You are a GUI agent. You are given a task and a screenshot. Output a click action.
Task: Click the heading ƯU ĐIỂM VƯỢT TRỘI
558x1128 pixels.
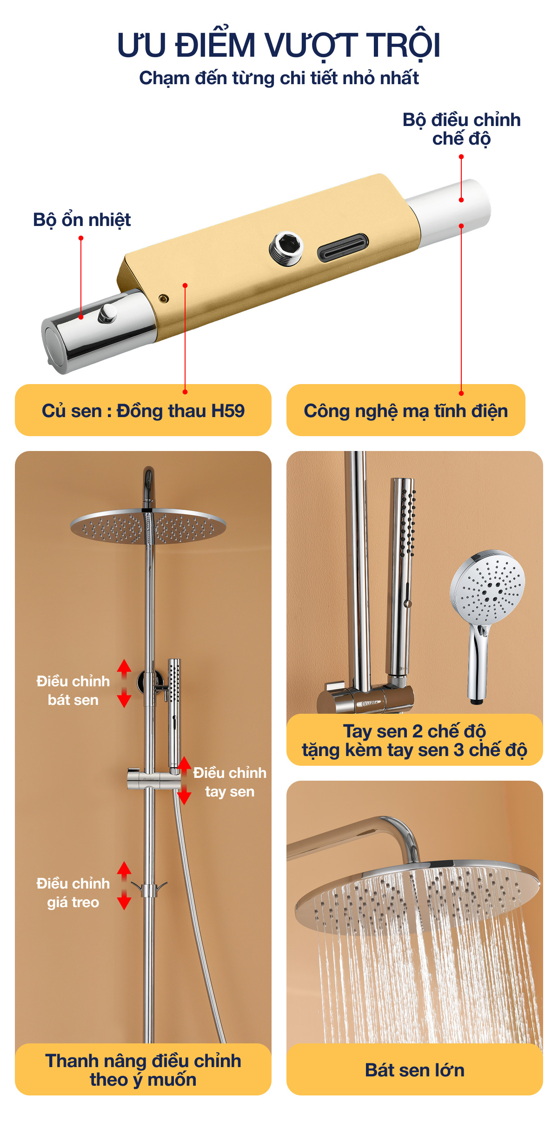(x=279, y=45)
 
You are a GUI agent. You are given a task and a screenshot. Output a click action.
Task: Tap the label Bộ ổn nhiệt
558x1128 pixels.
(x=82, y=219)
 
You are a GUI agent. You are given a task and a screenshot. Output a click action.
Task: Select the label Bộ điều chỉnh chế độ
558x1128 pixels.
(x=461, y=129)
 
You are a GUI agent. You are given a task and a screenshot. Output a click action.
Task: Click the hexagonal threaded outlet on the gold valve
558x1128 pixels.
(x=286, y=248)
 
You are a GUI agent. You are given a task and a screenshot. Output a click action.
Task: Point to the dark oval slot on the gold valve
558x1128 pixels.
(x=343, y=247)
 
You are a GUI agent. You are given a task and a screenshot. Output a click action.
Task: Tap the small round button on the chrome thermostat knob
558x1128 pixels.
(x=107, y=313)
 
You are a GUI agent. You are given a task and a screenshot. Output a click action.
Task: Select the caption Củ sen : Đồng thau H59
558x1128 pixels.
(x=143, y=411)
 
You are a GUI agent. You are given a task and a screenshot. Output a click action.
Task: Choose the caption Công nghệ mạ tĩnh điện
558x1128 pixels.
(x=405, y=411)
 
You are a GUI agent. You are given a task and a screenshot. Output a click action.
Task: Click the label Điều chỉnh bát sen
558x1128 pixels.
(x=73, y=690)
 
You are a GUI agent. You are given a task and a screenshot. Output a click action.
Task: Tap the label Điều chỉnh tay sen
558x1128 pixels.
(x=230, y=782)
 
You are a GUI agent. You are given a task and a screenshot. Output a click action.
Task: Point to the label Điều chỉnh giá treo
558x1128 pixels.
(x=73, y=893)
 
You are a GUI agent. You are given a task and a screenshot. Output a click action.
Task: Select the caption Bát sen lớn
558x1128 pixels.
(x=415, y=1070)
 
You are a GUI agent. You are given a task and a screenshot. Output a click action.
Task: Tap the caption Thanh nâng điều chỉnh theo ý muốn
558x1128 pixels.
(x=143, y=1070)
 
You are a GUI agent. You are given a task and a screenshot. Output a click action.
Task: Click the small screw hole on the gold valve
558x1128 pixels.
(x=163, y=298)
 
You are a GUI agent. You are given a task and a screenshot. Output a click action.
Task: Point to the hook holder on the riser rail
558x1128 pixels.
(x=149, y=889)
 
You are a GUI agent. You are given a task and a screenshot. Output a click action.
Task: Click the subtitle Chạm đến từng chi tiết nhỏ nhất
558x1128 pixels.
(x=279, y=78)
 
